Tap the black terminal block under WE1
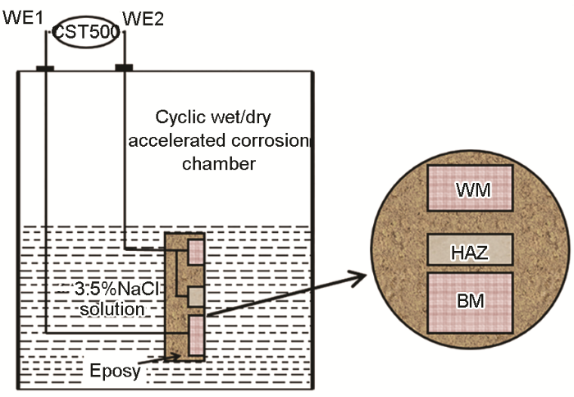pyautogui.click(x=45, y=67)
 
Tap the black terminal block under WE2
pyautogui.click(x=124, y=67)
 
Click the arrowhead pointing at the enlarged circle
pyautogui.click(x=358, y=278)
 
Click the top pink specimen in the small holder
pyautogui.click(x=196, y=251)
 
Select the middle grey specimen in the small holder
pyautogui.click(x=196, y=295)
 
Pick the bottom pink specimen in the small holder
pyautogui.click(x=196, y=335)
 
